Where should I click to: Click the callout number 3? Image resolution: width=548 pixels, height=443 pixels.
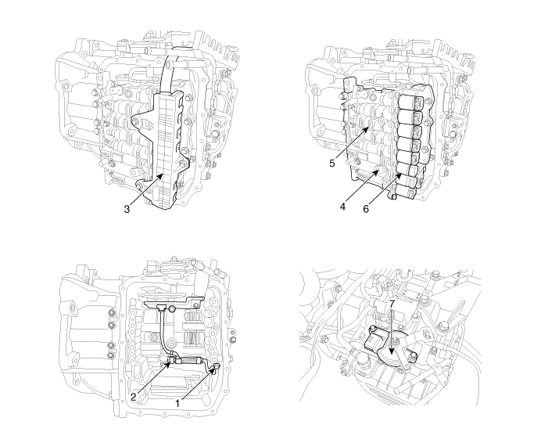click(127, 209)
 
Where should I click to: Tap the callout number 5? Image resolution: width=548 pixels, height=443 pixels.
click(332, 163)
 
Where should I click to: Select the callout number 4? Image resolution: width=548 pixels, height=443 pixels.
click(342, 207)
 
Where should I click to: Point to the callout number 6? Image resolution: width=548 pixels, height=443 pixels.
click(366, 209)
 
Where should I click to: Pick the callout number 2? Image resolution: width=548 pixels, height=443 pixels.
click(133, 397)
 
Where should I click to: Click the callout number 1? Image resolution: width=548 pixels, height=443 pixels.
click(177, 403)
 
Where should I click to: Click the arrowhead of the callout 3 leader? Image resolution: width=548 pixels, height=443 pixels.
click(160, 176)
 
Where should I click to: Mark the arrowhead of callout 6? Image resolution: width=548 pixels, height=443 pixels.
click(399, 175)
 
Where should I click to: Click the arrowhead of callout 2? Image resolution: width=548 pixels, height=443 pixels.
click(168, 365)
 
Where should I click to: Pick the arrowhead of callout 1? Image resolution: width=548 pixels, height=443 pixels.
click(213, 371)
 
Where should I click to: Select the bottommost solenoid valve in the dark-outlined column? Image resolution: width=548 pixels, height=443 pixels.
click(403, 191)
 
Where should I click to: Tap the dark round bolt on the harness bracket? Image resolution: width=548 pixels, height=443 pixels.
click(172, 308)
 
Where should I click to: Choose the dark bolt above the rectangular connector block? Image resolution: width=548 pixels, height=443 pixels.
click(374, 329)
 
